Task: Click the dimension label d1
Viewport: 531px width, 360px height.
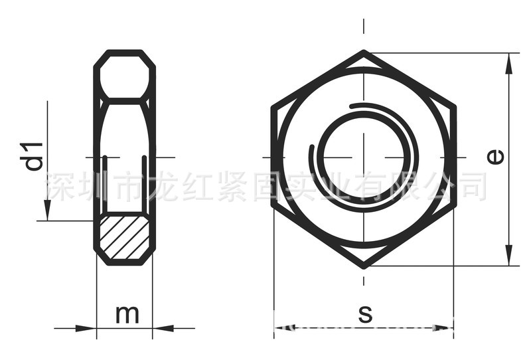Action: click(35, 155)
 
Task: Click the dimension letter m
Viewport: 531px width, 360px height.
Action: click(127, 314)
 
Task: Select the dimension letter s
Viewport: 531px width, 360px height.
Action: click(364, 314)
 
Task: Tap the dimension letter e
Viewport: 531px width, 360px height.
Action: click(494, 157)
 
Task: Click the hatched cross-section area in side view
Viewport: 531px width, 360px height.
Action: click(124, 236)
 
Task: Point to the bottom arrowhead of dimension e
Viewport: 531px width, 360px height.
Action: click(509, 255)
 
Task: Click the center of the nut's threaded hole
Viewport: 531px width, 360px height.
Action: click(364, 158)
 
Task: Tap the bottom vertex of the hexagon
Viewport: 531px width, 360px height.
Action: click(364, 266)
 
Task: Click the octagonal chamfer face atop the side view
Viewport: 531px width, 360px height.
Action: click(125, 77)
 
